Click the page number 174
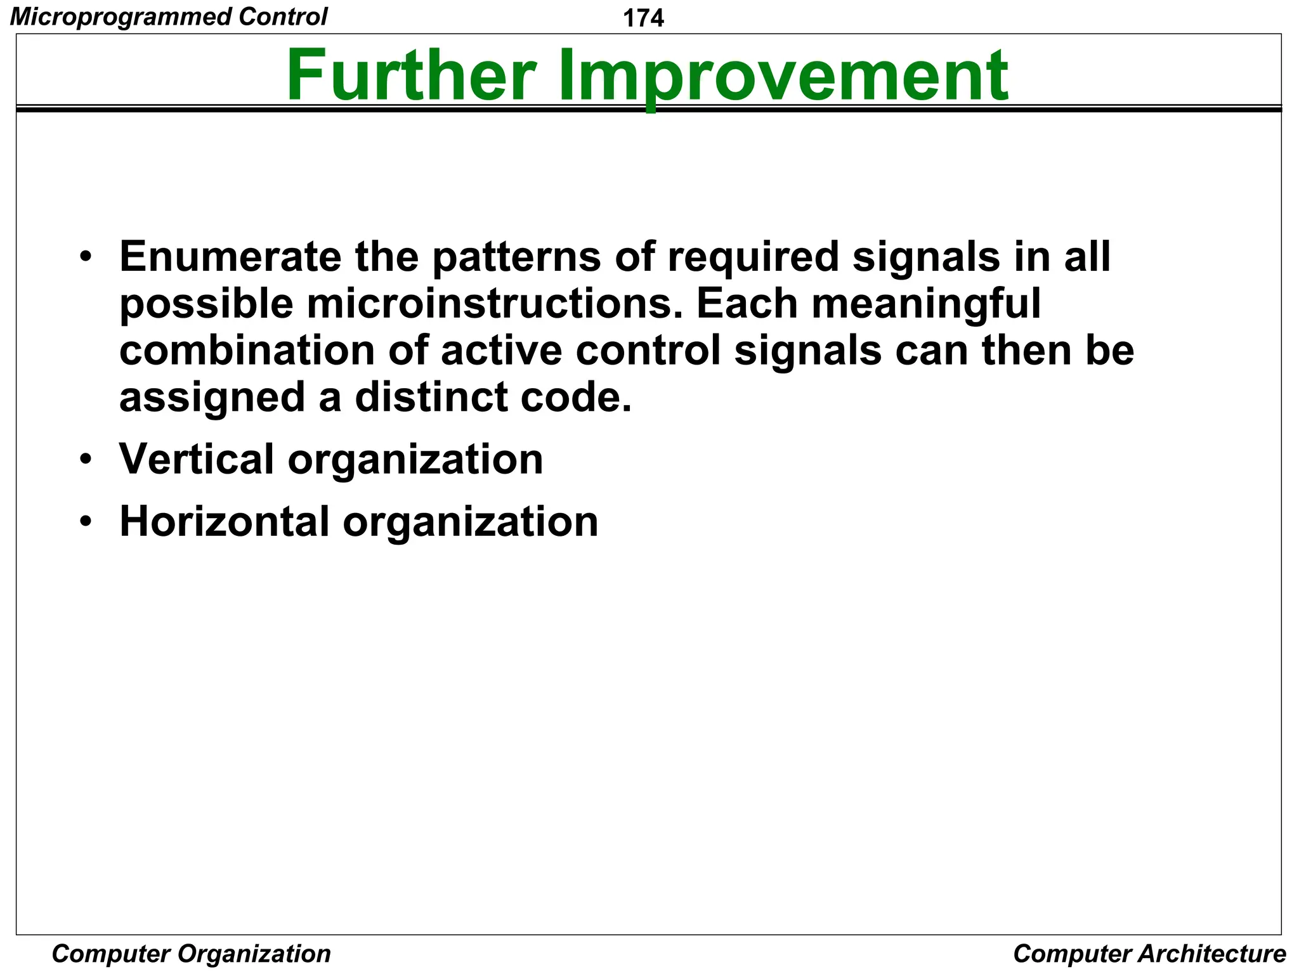coord(643,18)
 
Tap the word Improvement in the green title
coord(783,77)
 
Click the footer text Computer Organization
coord(191,954)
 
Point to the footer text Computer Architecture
coord(1149,954)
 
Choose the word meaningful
coord(926,305)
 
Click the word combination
coord(247,351)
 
